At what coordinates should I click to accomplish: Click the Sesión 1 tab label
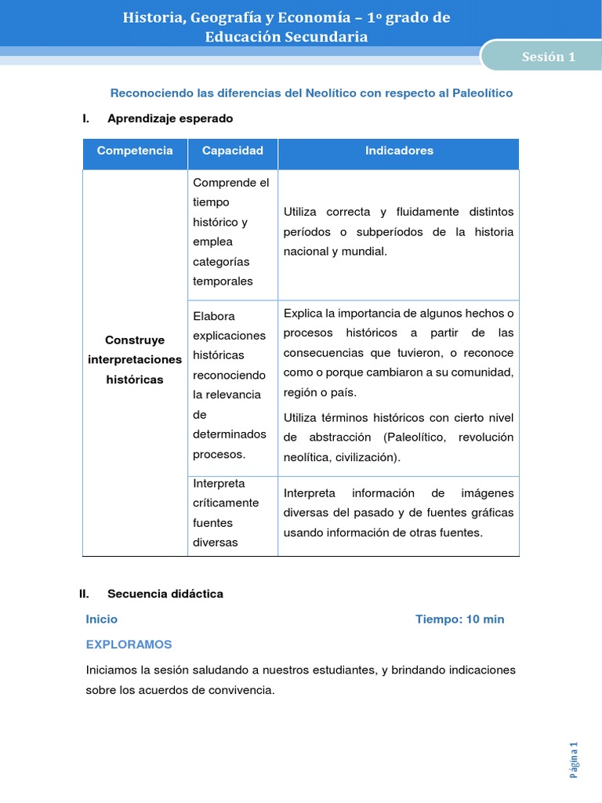coord(549,56)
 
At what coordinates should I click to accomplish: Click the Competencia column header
coord(135,151)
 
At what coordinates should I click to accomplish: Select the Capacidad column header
coord(232,151)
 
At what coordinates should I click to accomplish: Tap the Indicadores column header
coord(399,151)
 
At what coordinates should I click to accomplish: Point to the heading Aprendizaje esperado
coord(170,118)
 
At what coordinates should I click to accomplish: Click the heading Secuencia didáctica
coord(165,594)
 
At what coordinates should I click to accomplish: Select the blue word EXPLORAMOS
coord(129,645)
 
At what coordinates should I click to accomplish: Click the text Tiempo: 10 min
coord(459,620)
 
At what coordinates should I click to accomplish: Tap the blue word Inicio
coord(102,620)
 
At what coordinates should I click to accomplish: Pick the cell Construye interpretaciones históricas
coord(135,360)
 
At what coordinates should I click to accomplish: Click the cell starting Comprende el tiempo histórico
coord(231,232)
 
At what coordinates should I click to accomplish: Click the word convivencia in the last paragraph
coord(237,690)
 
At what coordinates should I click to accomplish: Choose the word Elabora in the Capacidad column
coord(213,316)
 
